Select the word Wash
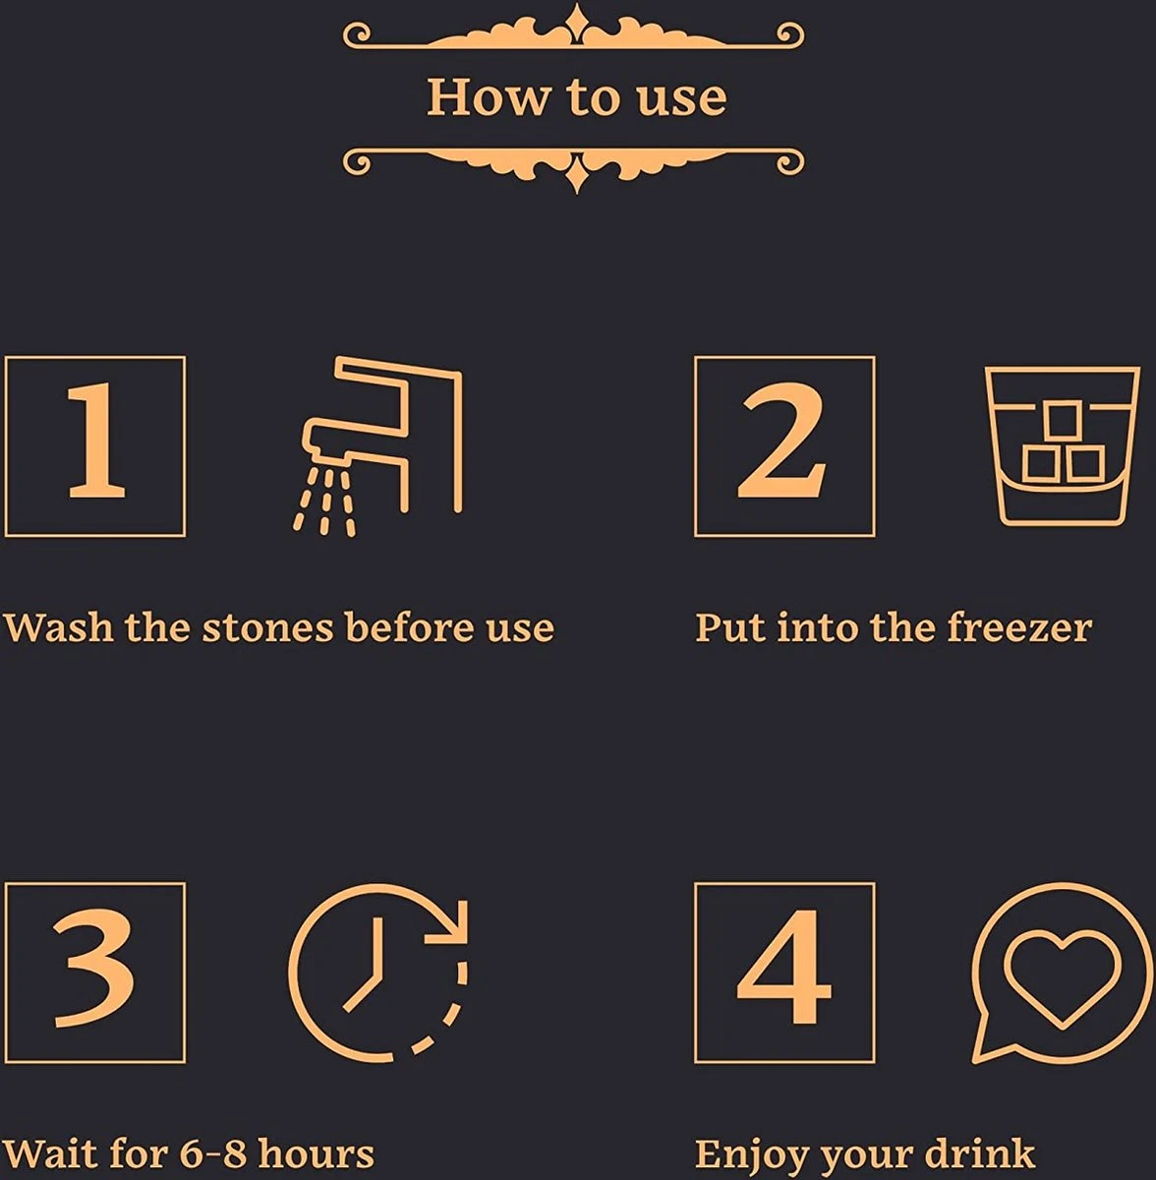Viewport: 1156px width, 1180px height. (59, 627)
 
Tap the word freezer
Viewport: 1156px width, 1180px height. (1019, 627)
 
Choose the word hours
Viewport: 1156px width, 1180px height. (316, 1153)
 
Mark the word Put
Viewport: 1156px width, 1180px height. (729, 627)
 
